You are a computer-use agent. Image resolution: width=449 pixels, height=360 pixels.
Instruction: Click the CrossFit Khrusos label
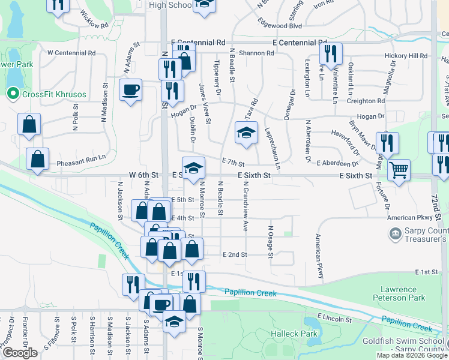(54, 94)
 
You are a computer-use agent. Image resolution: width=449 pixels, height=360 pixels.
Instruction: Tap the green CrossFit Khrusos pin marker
(12, 94)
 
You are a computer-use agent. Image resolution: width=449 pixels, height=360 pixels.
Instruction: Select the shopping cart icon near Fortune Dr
(398, 169)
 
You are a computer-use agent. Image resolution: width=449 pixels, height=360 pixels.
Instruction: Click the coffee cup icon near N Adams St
(130, 90)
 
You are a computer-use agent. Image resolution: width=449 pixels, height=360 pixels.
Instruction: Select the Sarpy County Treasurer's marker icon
(395, 234)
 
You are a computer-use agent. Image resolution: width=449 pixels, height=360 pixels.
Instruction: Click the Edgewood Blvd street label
(279, 26)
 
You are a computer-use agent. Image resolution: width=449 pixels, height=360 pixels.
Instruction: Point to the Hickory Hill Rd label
(405, 56)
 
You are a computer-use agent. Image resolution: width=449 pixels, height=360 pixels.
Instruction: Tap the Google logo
(20, 353)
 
